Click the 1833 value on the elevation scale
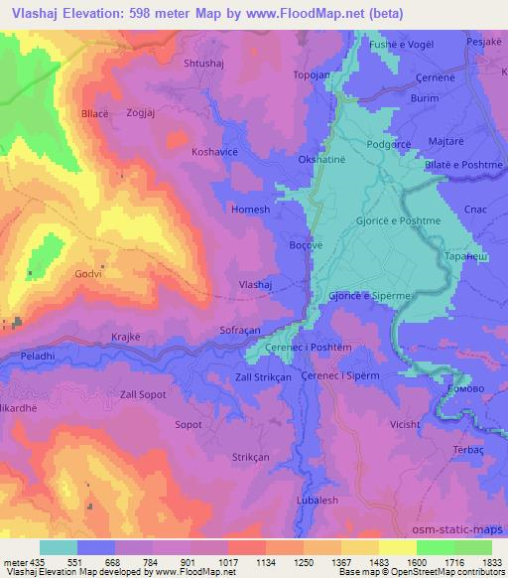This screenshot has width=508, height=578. coord(489,563)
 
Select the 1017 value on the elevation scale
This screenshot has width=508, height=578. coord(227,563)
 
